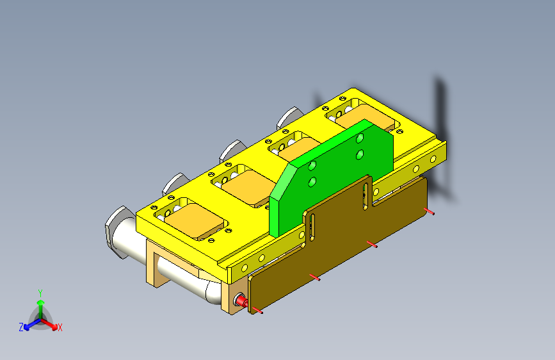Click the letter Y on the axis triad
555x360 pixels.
(40, 293)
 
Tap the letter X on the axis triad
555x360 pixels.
(60, 328)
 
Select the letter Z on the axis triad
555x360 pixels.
(21, 327)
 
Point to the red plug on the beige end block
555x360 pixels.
(242, 302)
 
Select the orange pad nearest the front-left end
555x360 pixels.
(195, 220)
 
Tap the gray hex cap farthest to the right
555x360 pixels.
(289, 118)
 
